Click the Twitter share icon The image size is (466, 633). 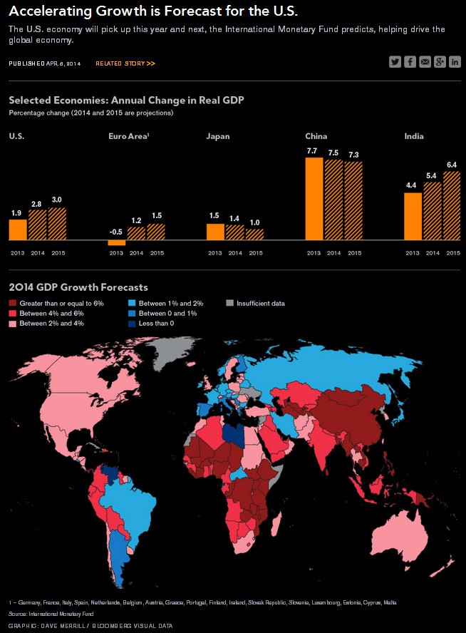(395, 62)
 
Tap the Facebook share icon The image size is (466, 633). (410, 62)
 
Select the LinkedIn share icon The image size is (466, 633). (455, 62)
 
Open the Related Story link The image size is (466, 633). (125, 63)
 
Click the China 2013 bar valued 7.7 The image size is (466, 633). (314, 199)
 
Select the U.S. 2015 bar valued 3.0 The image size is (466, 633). (57, 224)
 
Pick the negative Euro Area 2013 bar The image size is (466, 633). (117, 243)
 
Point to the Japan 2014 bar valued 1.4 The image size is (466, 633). (234, 232)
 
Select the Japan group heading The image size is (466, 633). (217, 136)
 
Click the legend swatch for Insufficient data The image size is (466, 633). (229, 303)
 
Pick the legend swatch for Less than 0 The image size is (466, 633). (133, 323)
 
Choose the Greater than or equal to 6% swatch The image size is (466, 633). (13, 303)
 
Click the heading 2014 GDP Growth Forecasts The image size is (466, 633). (78, 287)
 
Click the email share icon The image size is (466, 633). (425, 62)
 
